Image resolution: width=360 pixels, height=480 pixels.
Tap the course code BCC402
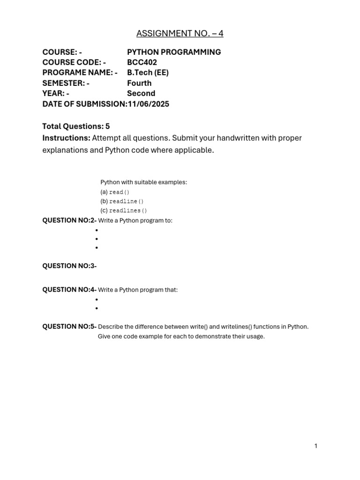(x=142, y=62)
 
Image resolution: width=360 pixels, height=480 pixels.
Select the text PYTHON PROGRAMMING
(x=174, y=52)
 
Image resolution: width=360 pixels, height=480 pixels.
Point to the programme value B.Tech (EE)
(x=148, y=73)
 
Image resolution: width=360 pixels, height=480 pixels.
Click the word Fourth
(x=139, y=83)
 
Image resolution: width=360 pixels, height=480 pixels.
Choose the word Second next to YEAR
(x=141, y=93)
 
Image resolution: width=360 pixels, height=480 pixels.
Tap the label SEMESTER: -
(x=66, y=83)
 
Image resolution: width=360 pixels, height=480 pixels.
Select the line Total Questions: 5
(x=76, y=126)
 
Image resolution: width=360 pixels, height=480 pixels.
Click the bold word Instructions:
(x=66, y=138)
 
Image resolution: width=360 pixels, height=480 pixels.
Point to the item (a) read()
(x=115, y=192)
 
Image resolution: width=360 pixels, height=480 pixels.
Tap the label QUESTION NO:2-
(x=69, y=220)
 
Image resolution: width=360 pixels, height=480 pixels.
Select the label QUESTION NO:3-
(x=69, y=266)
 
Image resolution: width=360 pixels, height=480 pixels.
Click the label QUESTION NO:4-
(x=69, y=290)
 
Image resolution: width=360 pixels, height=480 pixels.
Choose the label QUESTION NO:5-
(x=69, y=326)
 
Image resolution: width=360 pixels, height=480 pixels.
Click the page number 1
(x=316, y=446)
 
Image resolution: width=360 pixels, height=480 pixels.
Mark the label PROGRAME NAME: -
(x=80, y=73)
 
